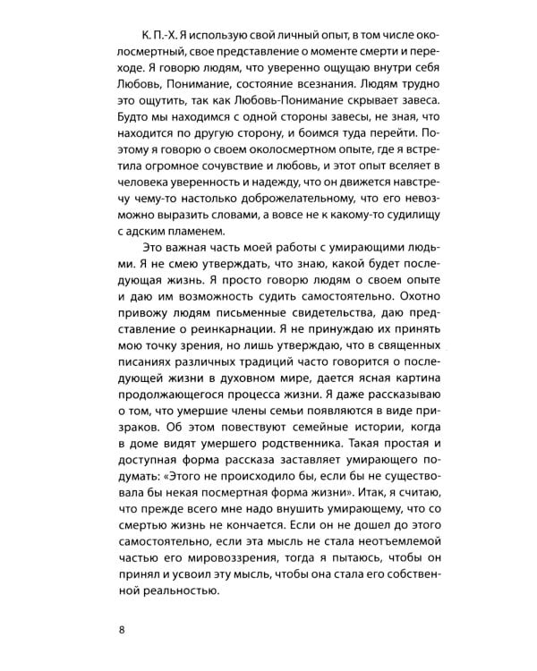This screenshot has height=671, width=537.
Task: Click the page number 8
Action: tap(122, 629)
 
